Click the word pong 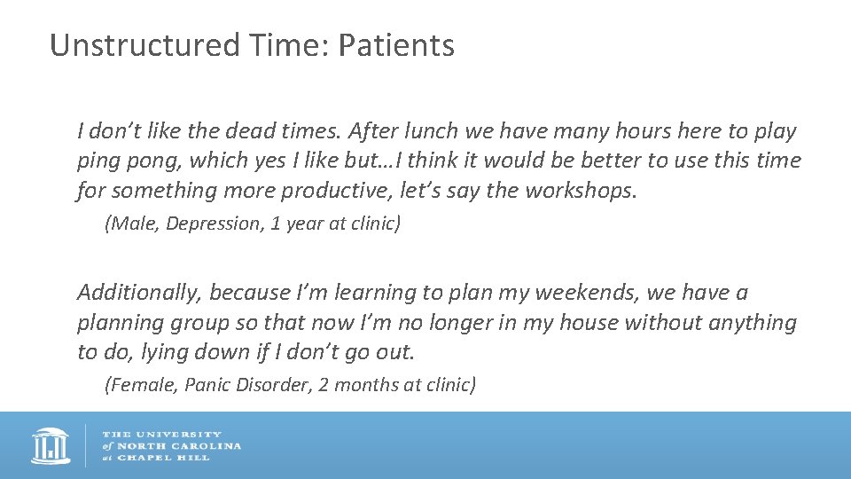(153, 161)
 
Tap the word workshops (580, 190)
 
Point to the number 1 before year (276, 224)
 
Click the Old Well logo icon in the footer (50, 445)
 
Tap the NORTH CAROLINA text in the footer (178, 445)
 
